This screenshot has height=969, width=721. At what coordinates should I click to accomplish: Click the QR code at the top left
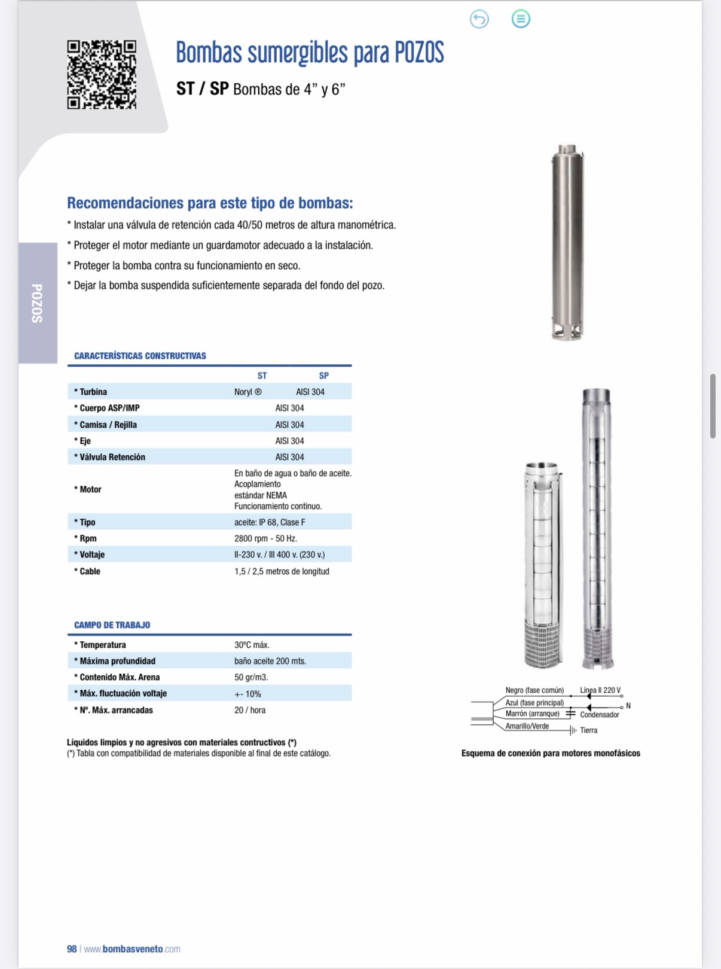(x=102, y=75)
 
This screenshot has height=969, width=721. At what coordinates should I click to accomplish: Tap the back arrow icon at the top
(x=479, y=19)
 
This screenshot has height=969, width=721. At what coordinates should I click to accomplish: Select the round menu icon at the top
(x=521, y=19)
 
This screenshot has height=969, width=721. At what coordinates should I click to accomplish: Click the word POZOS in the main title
(x=419, y=53)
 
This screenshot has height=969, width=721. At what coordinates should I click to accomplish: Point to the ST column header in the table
(x=262, y=376)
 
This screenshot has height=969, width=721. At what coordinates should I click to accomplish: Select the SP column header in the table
(x=323, y=376)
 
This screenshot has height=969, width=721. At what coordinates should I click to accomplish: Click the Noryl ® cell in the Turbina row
(x=248, y=392)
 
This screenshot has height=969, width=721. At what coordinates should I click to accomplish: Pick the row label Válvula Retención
(x=112, y=457)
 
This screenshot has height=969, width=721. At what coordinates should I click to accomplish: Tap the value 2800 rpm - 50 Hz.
(x=265, y=538)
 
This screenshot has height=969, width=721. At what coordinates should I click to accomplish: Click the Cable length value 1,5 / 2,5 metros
(x=282, y=571)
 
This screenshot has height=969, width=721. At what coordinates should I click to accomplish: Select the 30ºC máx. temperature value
(x=252, y=645)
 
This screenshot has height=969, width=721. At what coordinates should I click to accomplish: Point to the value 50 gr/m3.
(x=251, y=677)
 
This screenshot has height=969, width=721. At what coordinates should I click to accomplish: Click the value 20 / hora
(x=250, y=710)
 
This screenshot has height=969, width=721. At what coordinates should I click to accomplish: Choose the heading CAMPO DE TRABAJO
(x=112, y=625)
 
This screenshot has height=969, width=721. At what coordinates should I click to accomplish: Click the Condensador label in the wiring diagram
(x=600, y=715)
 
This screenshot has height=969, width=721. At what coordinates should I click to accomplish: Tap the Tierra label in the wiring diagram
(x=588, y=730)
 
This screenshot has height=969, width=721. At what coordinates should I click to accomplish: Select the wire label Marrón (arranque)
(x=532, y=714)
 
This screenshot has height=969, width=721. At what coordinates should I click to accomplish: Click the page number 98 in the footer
(x=72, y=949)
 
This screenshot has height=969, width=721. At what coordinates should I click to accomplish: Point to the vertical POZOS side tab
(x=37, y=303)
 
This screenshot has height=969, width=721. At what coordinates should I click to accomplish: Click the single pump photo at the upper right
(x=567, y=243)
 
